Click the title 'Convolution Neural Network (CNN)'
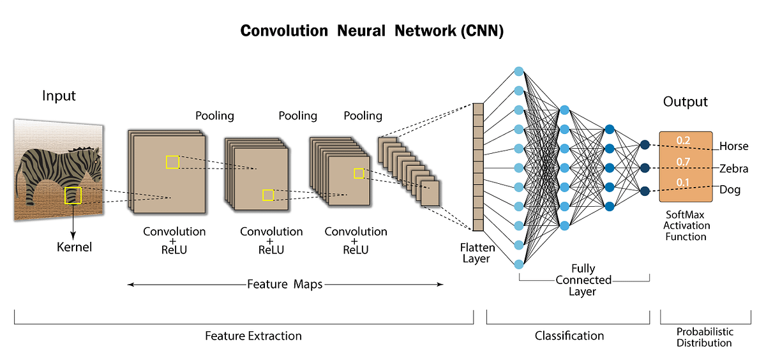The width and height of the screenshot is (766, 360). (x=372, y=31)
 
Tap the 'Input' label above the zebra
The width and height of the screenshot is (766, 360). (x=59, y=96)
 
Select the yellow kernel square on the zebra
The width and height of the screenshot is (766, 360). (x=73, y=195)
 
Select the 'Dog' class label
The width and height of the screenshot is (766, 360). (x=730, y=190)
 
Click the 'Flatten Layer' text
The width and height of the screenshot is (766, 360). (x=476, y=252)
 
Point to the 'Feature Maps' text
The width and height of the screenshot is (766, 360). (x=285, y=285)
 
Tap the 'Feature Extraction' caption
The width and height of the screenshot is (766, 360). (x=253, y=336)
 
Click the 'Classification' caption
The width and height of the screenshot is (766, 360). (x=569, y=336)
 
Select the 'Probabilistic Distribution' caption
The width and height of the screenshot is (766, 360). (x=705, y=337)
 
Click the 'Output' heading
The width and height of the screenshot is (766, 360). (x=685, y=102)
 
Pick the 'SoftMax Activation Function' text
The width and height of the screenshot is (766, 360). (x=686, y=226)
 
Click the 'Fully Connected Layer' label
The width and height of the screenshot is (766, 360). (x=583, y=280)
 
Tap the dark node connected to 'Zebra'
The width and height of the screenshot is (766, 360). (x=645, y=168)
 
